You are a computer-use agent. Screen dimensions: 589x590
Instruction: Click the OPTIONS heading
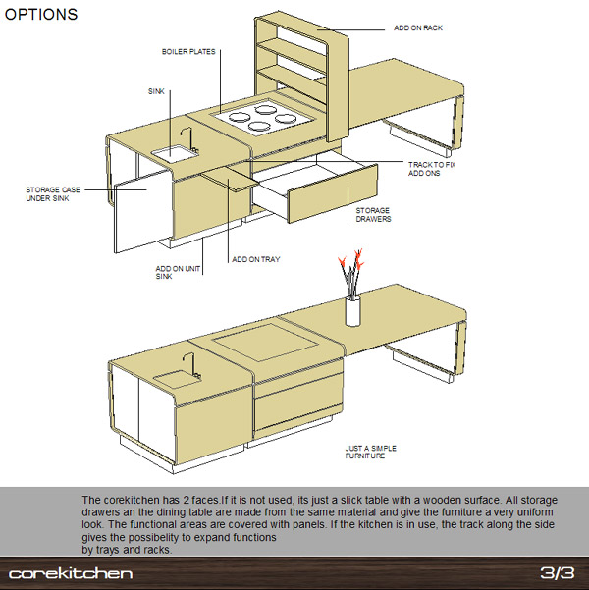coord(41,15)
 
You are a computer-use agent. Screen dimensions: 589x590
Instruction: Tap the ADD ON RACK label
coord(418,27)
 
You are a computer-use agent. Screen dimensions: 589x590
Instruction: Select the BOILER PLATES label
coord(188,52)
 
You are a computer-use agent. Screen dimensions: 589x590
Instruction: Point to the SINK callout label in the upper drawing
coord(156,91)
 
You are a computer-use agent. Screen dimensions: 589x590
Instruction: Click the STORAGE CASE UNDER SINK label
coord(53,193)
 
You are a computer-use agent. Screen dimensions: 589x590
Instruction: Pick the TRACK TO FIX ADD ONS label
coord(432,169)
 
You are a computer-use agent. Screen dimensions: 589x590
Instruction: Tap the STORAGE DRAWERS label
coord(373,214)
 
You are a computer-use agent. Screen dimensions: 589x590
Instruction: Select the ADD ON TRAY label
coord(256,259)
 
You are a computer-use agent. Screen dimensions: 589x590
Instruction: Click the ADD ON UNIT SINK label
coord(178,273)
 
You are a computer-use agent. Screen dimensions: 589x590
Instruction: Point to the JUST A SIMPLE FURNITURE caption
coord(371,452)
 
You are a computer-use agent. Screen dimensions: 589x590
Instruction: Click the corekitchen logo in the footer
coord(71,573)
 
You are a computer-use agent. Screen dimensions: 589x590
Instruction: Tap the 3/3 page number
coord(558,573)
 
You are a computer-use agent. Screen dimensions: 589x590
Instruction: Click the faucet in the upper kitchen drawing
coord(188,138)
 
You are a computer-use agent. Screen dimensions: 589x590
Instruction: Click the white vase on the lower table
coord(352,311)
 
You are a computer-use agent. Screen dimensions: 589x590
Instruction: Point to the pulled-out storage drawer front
coord(333,194)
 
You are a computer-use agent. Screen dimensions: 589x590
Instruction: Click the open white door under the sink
coord(143,212)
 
